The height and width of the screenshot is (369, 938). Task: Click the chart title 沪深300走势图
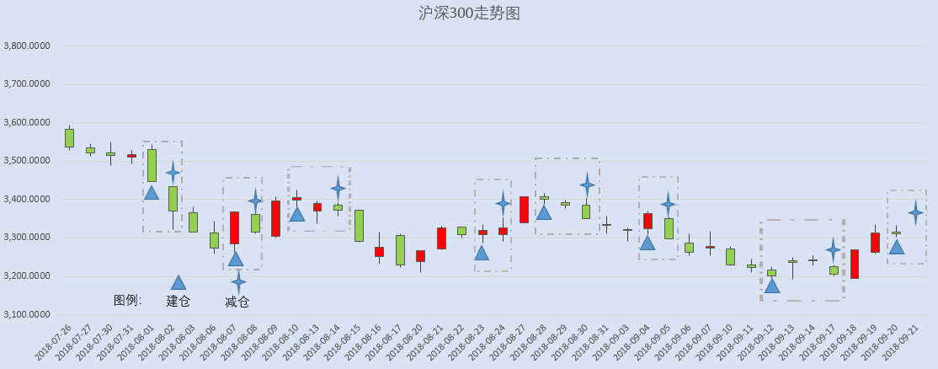point(469,13)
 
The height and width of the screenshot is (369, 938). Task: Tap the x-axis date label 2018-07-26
point(54,342)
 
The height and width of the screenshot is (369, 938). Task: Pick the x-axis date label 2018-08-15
point(343,342)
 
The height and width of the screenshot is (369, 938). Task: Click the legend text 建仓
point(178,301)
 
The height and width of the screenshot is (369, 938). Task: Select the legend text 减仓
point(237,302)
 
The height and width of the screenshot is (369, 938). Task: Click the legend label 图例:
point(127,300)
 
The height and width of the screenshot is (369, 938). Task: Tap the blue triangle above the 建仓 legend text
point(179,283)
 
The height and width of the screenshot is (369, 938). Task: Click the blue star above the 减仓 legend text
point(238,281)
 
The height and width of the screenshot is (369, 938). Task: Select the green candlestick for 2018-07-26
point(69,138)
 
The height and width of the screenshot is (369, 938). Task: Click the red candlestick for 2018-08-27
point(524,209)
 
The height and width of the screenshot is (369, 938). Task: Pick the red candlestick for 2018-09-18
point(855,264)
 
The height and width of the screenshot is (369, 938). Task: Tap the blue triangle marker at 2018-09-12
point(771,286)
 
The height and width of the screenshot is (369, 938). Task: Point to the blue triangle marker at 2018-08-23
point(482,253)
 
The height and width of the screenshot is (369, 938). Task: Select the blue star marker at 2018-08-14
point(338,189)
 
